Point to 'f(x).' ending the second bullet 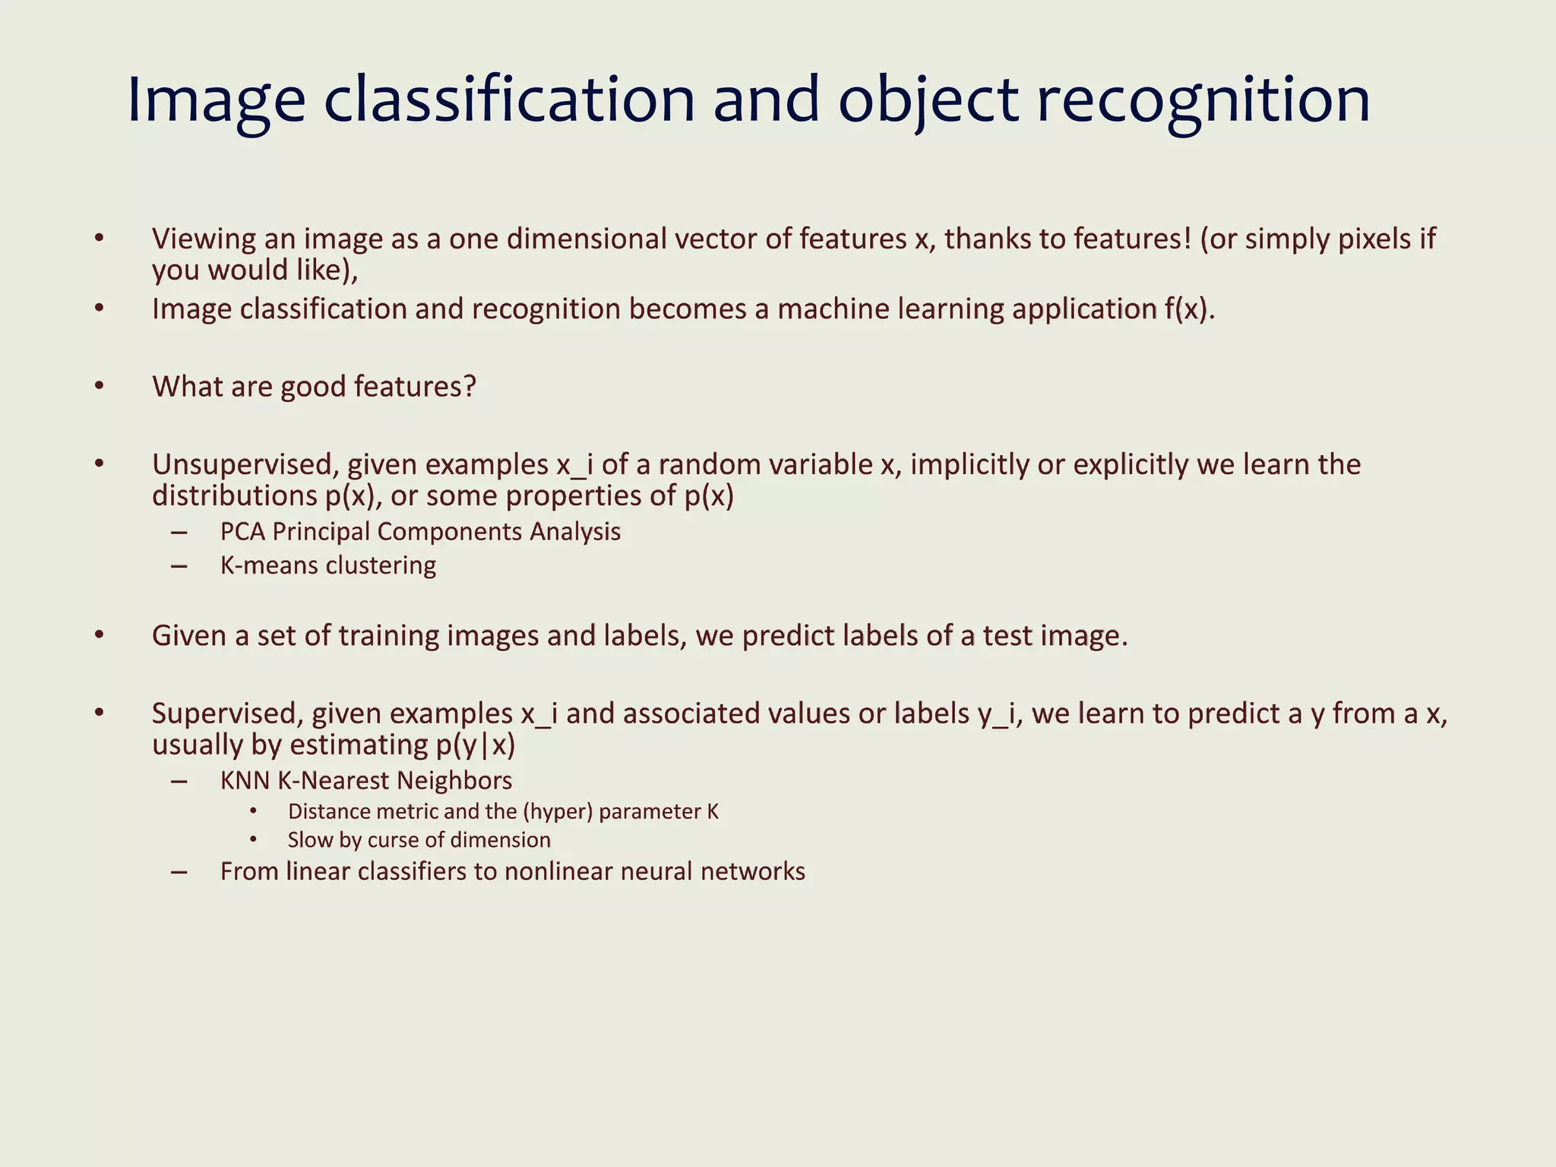pyautogui.click(x=1190, y=309)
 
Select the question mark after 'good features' pyautogui.click(x=470, y=387)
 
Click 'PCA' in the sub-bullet pyautogui.click(x=242, y=532)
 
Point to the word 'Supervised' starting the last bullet pyautogui.click(x=226, y=713)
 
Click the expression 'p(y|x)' pyautogui.click(x=476, y=745)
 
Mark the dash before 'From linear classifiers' pyautogui.click(x=179, y=872)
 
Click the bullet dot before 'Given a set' pyautogui.click(x=99, y=635)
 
